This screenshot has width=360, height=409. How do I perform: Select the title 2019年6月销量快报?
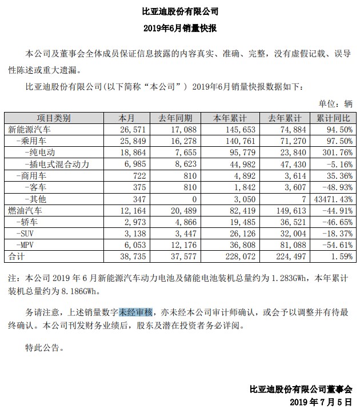click(x=180, y=27)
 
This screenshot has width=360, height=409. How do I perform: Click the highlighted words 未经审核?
click(x=136, y=312)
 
